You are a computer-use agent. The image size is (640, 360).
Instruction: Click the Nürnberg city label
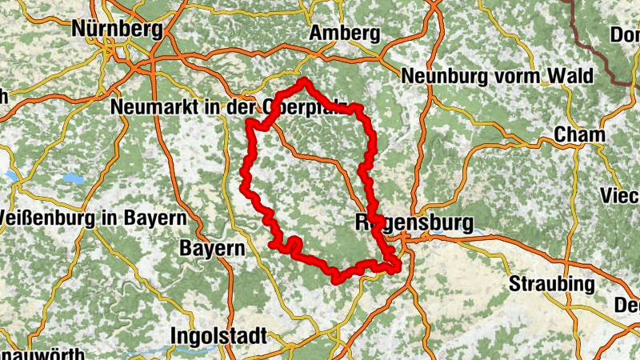click(x=117, y=29)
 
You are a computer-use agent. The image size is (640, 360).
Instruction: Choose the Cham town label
click(x=578, y=134)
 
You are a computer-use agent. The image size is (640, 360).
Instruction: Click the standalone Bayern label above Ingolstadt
click(x=211, y=248)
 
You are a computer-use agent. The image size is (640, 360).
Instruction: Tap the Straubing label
click(x=552, y=284)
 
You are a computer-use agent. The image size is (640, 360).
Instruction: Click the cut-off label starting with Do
click(x=624, y=34)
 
